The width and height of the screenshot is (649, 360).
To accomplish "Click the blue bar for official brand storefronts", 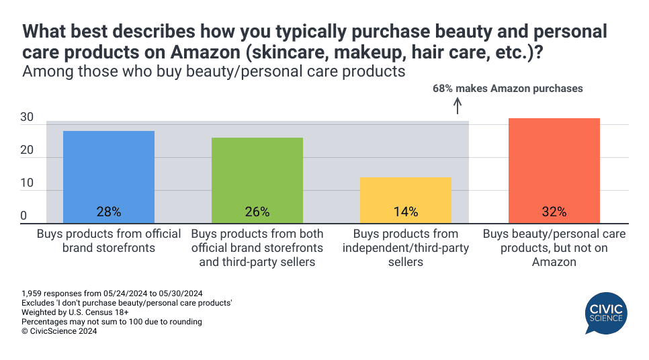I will point(108,177).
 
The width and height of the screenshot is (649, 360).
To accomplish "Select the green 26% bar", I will point(257,180).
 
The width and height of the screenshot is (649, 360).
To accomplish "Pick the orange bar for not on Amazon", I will point(554,171).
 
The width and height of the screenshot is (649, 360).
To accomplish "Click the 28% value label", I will point(108,212).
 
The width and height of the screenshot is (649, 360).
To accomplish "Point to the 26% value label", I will point(257,212).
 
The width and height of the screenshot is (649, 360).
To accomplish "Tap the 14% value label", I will point(405,212).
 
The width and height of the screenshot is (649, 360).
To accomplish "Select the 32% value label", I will point(554,212).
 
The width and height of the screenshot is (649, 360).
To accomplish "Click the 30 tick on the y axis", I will point(27,118).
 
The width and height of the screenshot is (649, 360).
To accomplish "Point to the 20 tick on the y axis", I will point(27,150).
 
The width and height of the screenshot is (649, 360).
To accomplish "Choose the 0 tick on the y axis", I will point(24,216).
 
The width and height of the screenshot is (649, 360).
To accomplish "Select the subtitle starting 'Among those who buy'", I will point(214,71).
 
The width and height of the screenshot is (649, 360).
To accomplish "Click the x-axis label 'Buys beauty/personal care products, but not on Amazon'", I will point(554,248).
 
